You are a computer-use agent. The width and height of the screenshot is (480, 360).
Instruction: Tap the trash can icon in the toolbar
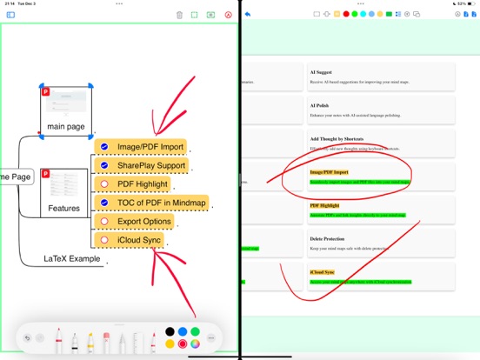pyautogui.click(x=179, y=15)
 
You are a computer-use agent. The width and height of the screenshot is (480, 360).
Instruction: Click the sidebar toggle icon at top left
pyautogui.click(x=10, y=15)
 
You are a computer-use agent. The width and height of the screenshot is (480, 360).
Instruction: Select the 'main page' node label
pyautogui.click(x=66, y=127)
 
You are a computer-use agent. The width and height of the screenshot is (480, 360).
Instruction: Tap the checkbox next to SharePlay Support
pyautogui.click(x=104, y=165)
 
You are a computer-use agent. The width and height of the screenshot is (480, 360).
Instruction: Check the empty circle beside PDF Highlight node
pyautogui.click(x=104, y=184)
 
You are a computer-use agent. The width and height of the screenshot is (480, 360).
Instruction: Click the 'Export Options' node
pyautogui.click(x=144, y=221)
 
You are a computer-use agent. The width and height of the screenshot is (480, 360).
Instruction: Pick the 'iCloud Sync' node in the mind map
pyautogui.click(x=139, y=239)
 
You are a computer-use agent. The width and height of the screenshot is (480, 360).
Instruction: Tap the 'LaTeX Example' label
pyautogui.click(x=73, y=259)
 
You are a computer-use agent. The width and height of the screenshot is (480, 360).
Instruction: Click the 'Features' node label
pyautogui.click(x=63, y=209)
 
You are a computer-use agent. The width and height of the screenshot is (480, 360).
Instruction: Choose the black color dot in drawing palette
pyautogui.click(x=170, y=331)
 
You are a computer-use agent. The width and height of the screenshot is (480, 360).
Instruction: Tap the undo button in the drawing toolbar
pyautogui.click(x=28, y=338)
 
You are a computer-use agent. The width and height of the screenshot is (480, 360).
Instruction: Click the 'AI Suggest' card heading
pyautogui.click(x=323, y=71)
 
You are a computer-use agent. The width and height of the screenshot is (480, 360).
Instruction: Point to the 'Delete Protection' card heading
pyautogui.click(x=328, y=238)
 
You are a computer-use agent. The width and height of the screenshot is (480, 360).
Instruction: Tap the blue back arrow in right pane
pyautogui.click(x=249, y=15)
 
